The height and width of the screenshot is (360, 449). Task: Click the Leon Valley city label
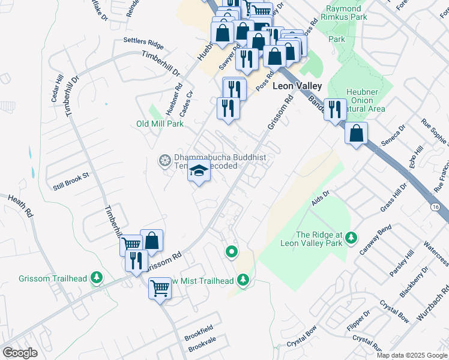coord(297,86)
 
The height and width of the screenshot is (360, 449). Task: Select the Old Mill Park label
coord(160,124)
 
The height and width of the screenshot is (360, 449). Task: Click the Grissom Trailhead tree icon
coord(96,278)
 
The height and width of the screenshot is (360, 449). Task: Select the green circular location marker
coord(231,251)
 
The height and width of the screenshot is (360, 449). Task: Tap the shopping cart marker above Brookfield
coord(160,289)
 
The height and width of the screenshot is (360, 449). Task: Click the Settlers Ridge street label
coord(143,43)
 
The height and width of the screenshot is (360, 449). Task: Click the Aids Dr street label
coord(322,194)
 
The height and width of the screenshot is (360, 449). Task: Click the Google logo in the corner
coord(20,353)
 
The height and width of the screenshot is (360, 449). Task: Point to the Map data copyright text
coord(412,355)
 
